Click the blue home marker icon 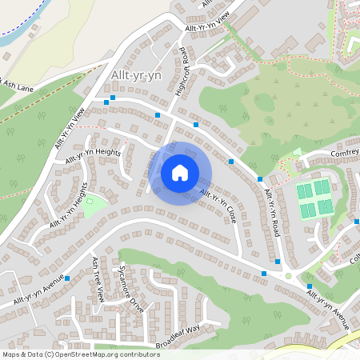pyautogui.click(x=180, y=173)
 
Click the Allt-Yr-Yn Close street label pyautogui.click(x=218, y=205)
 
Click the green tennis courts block pyautogui.click(x=314, y=197)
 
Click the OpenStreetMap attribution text pyautogui.click(x=81, y=354)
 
